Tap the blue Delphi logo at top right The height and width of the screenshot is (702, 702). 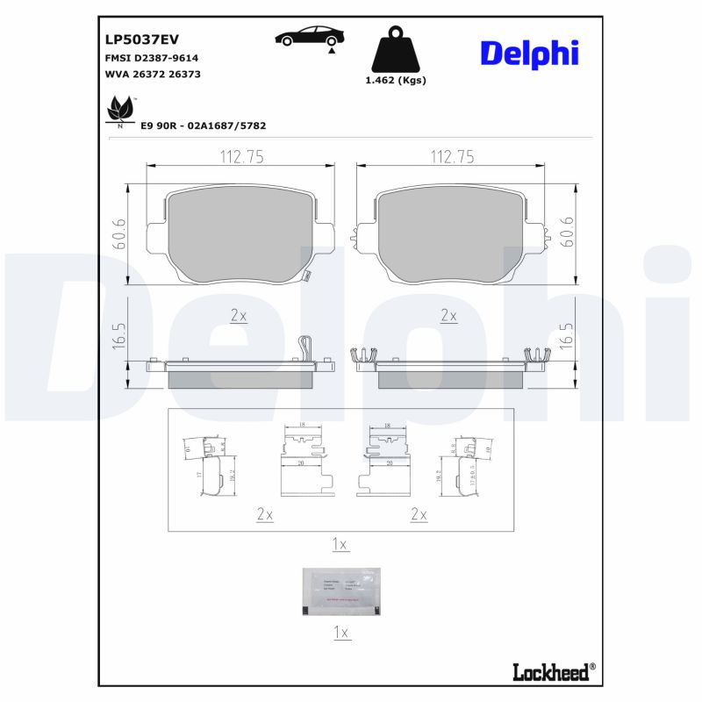tap(529, 53)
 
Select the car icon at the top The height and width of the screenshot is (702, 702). tap(310, 37)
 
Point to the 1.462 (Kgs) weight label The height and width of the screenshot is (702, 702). tap(395, 80)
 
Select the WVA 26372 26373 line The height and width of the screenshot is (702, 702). tap(153, 75)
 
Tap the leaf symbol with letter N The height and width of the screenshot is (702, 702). tap(119, 111)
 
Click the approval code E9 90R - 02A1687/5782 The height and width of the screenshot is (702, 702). tap(204, 125)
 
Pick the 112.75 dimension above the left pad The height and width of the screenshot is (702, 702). tap(240, 156)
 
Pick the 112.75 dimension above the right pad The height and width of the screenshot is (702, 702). tap(451, 156)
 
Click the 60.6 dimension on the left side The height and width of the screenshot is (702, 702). tap(120, 233)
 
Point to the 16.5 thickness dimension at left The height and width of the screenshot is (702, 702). tap(120, 337)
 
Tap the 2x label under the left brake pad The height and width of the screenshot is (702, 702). tap(238, 316)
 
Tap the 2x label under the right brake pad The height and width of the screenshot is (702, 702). tap(448, 316)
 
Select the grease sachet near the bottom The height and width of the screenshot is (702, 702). tap(340, 591)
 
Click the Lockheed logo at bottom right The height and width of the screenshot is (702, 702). tap(554, 672)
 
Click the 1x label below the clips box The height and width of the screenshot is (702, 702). tap(340, 545)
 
